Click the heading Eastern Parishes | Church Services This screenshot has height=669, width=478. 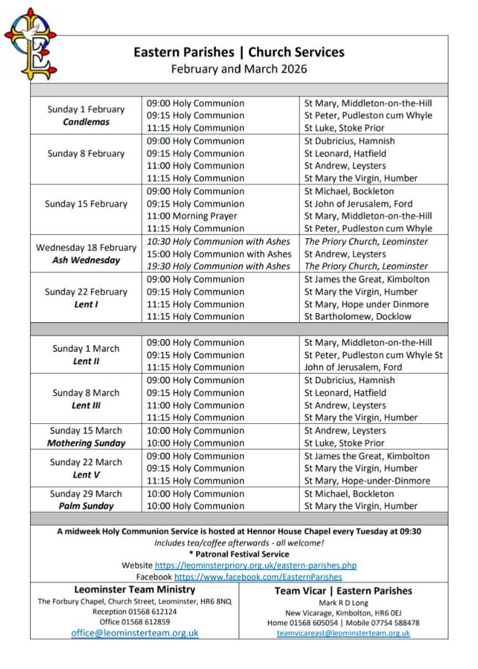pyautogui.click(x=239, y=52)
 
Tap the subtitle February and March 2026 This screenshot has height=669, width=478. pyautogui.click(x=239, y=69)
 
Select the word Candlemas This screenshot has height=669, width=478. pyautogui.click(x=86, y=122)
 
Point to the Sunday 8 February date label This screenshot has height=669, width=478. pyautogui.click(x=86, y=154)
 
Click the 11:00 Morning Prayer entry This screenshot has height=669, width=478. pyautogui.click(x=192, y=216)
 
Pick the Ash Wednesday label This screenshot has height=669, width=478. pyautogui.click(x=86, y=260)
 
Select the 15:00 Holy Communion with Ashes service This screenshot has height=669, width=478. pyautogui.click(x=219, y=254)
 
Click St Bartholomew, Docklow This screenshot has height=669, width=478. pyautogui.click(x=357, y=317)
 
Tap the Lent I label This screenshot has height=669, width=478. pyautogui.click(x=86, y=305)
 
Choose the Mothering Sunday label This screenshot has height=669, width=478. pyautogui.click(x=86, y=443)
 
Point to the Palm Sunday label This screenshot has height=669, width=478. pyautogui.click(x=86, y=506)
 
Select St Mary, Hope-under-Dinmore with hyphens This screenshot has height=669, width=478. pyautogui.click(x=367, y=481)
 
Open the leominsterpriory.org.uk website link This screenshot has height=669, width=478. pyautogui.click(x=255, y=565)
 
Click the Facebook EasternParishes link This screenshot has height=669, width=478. pyautogui.click(x=258, y=577)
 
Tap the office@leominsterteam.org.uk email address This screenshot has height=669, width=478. pyautogui.click(x=135, y=633)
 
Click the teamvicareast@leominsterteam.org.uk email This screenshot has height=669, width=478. pyautogui.click(x=343, y=633)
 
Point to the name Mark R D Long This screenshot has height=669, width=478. pyautogui.click(x=343, y=603)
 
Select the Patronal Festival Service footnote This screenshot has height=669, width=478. pyautogui.click(x=239, y=554)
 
